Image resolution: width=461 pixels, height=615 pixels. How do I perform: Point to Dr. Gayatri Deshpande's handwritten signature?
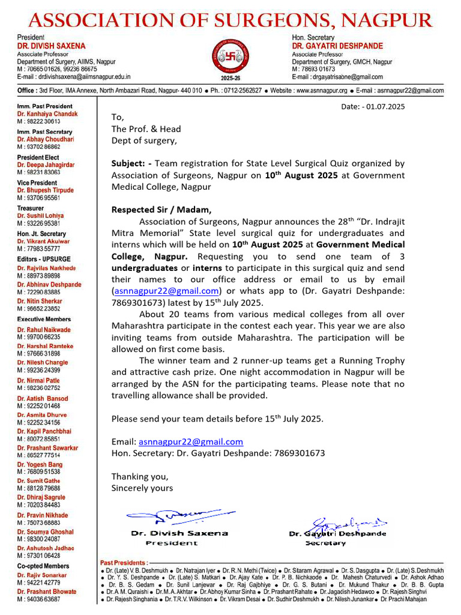point(337,523)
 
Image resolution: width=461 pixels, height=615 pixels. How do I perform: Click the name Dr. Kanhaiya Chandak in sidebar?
point(47,114)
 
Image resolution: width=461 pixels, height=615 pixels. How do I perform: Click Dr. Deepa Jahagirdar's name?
point(46,165)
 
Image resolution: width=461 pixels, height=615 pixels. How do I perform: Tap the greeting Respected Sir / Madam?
point(161,210)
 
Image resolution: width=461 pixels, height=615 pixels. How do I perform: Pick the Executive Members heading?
point(44,319)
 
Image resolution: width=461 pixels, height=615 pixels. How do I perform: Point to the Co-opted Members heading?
point(43,566)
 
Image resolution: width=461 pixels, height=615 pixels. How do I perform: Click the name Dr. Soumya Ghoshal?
point(45,532)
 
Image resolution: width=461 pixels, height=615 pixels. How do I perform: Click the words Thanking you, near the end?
point(140,476)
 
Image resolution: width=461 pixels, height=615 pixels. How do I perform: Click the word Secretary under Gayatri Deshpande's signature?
point(325,543)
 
